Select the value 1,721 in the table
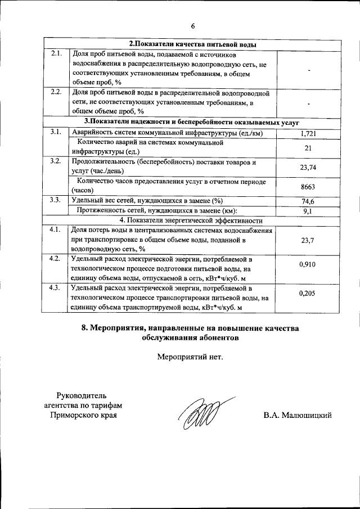(307, 133)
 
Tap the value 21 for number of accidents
(308, 147)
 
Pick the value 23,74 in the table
(308, 167)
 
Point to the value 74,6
(308, 201)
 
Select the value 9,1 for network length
(308, 211)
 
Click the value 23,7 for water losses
(308, 240)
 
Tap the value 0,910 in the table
(308, 264)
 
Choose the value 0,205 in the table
(308, 293)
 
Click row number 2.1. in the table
(56, 55)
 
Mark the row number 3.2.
(56, 162)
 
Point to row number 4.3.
(56, 288)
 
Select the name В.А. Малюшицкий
(298, 415)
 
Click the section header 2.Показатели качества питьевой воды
(193, 44)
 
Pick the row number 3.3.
(56, 200)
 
